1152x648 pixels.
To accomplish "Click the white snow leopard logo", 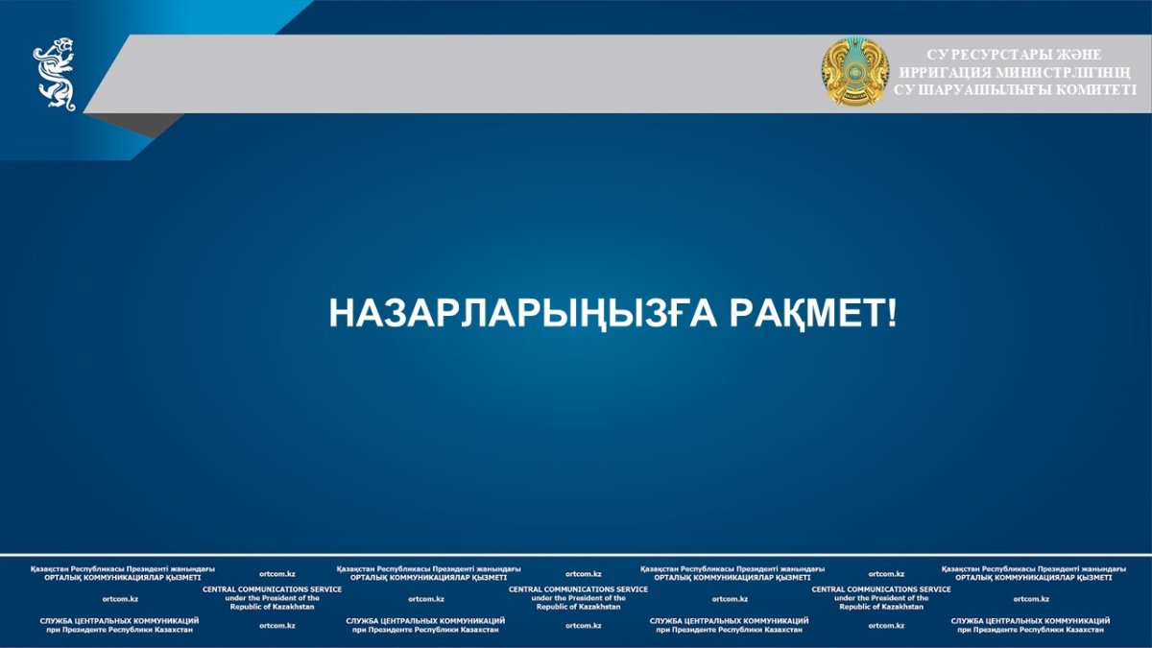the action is coord(55,74).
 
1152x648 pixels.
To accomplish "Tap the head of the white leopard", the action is coord(63,46).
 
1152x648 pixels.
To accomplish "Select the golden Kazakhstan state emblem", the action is coord(854,71).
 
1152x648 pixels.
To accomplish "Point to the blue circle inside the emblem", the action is coord(854,70).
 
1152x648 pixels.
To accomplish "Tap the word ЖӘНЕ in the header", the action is coord(1078,55).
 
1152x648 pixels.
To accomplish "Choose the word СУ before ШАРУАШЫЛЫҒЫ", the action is coord(903,89).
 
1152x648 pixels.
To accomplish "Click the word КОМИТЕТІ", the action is coord(1095,89).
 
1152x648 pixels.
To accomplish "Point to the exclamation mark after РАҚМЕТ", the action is coord(891,312).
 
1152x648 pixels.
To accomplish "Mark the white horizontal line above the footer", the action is coord(576,555).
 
